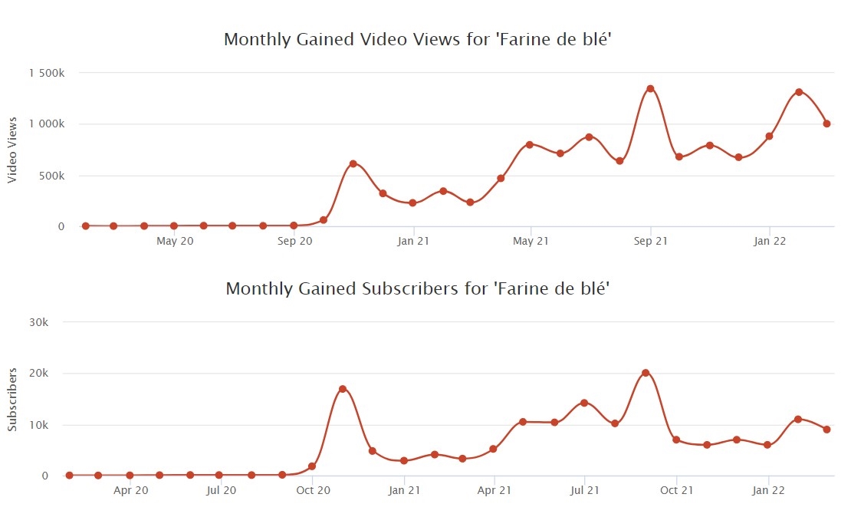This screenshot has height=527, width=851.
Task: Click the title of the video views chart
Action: (x=417, y=40)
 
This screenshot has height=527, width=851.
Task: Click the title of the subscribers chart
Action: (x=417, y=289)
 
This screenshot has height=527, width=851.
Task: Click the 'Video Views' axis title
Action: (x=12, y=150)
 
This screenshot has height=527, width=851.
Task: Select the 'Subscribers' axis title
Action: (x=12, y=399)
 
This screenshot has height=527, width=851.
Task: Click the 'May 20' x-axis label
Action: (x=176, y=242)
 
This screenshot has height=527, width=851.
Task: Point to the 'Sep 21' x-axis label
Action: (x=650, y=242)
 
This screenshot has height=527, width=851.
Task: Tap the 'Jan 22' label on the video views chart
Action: (x=769, y=242)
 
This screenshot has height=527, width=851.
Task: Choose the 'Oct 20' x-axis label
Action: (x=313, y=490)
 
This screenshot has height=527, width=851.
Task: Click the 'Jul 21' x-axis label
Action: (x=584, y=490)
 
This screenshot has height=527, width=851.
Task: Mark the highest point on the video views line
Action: (x=650, y=88)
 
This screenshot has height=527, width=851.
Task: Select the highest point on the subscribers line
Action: (x=646, y=373)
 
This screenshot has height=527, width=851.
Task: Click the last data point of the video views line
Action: (x=826, y=124)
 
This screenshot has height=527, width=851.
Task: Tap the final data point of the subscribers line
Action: (x=827, y=430)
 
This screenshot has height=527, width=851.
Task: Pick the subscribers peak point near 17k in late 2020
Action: (x=342, y=389)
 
